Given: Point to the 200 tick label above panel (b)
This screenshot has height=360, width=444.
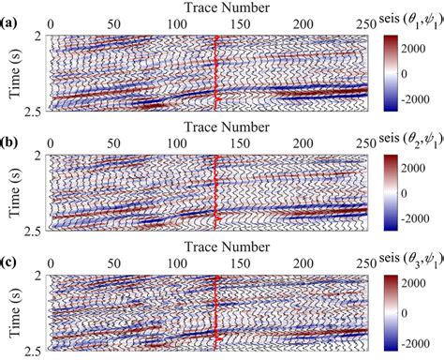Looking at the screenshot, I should [x=304, y=142].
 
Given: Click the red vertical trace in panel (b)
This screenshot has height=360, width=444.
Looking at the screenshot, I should [x=215, y=192].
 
